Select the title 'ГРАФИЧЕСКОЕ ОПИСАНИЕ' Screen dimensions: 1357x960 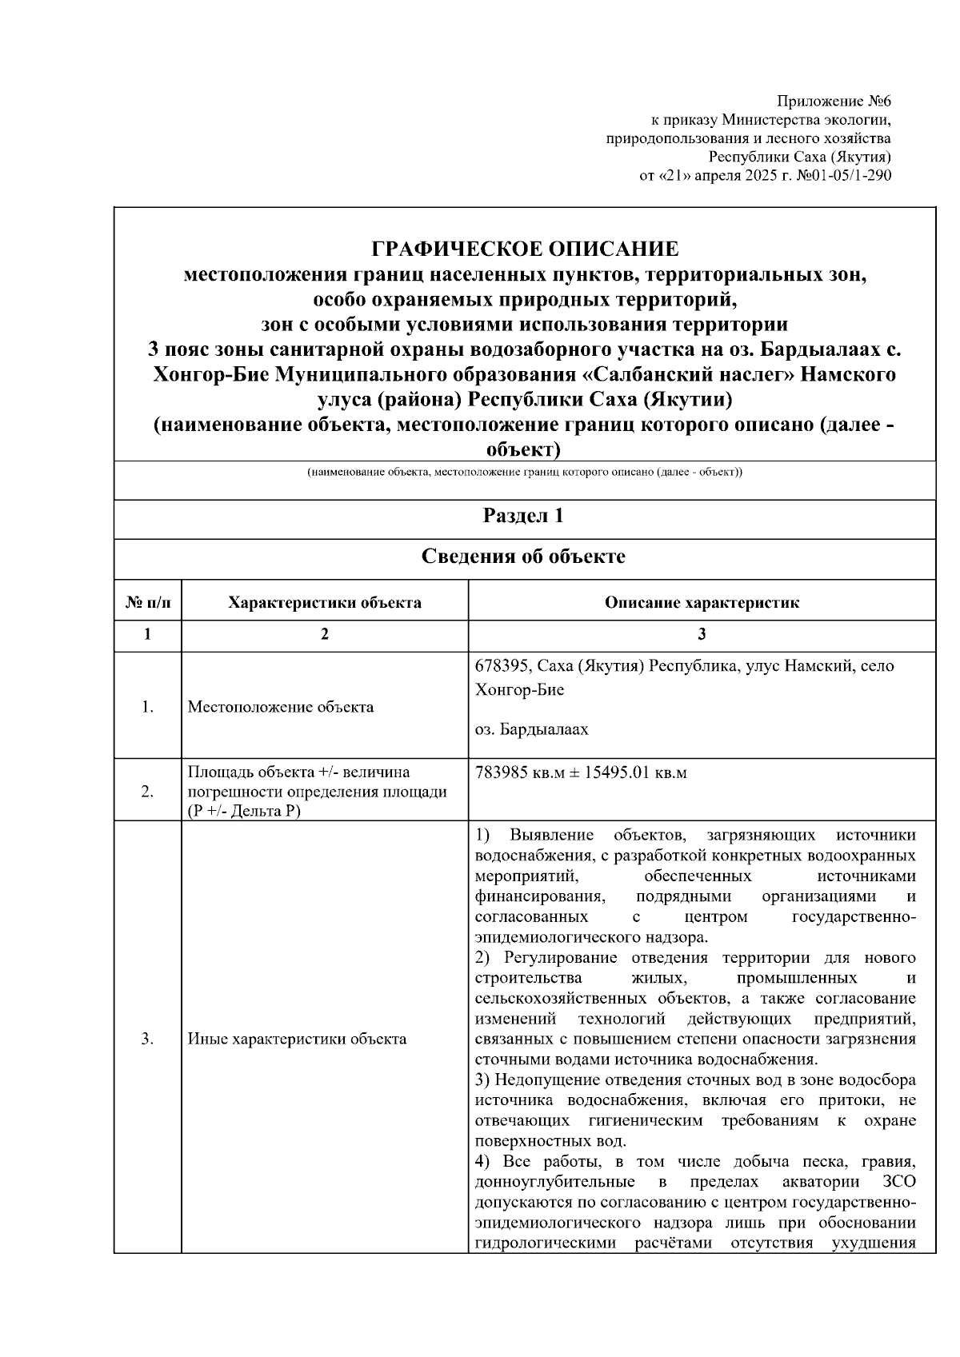pos(525,248)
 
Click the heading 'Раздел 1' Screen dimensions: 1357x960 pos(524,516)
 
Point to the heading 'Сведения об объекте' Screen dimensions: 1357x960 pos(524,557)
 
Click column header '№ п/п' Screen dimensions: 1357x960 pos(147,602)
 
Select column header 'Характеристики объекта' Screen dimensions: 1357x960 pos(324,602)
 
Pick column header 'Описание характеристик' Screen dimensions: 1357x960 pos(702,602)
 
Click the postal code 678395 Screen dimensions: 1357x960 pos(502,665)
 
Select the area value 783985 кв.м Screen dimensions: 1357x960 pos(515,773)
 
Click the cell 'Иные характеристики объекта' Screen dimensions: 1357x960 pos(297,1039)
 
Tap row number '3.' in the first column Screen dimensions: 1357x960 pos(147,1039)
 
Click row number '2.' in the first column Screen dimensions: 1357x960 pos(147,792)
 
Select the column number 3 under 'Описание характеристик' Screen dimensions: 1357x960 pos(702,634)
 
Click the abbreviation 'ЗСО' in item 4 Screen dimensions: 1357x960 pos(899,1182)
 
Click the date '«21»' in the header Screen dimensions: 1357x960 pos(673,175)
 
